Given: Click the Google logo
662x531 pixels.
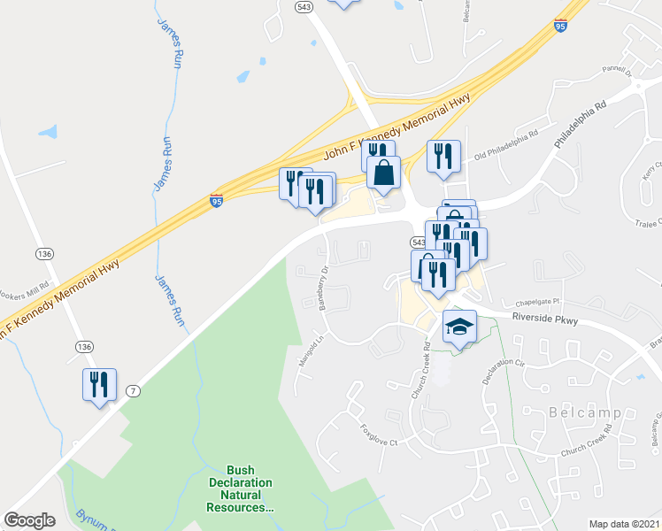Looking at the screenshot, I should (29, 519).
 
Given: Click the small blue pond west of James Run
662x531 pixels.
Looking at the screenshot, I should (48, 133).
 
